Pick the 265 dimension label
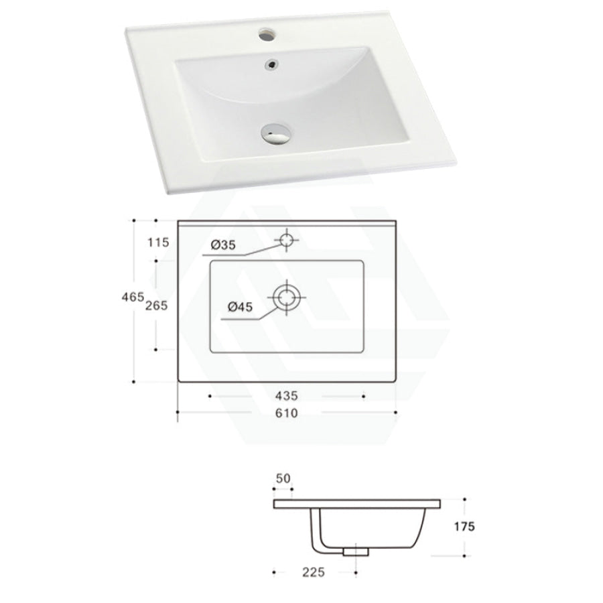[156, 305]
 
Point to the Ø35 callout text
[223, 246]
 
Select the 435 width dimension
[286, 397]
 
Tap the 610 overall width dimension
[286, 413]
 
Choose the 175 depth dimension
[463, 527]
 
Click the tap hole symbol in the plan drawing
[287, 239]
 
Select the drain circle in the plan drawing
[287, 295]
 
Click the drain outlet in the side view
[355, 551]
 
